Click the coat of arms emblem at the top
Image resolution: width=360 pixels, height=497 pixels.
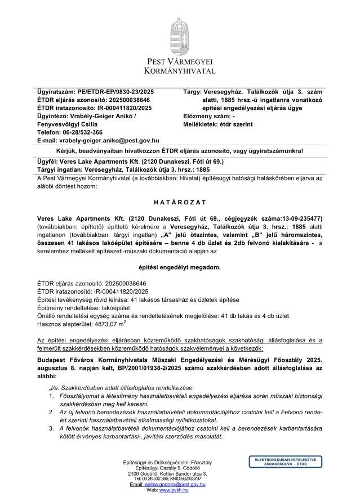pyautogui.click(x=180, y=32)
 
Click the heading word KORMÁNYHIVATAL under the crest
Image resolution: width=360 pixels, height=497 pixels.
pyautogui.click(x=180, y=71)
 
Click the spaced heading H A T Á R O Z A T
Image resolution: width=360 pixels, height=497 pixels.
pyautogui.click(x=180, y=202)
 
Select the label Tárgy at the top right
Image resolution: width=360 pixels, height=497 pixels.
pyautogui.click(x=193, y=91)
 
